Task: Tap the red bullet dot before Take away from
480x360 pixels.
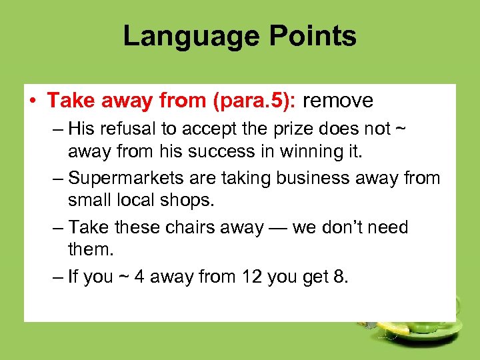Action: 33,101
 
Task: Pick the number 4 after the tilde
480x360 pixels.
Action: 139,277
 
